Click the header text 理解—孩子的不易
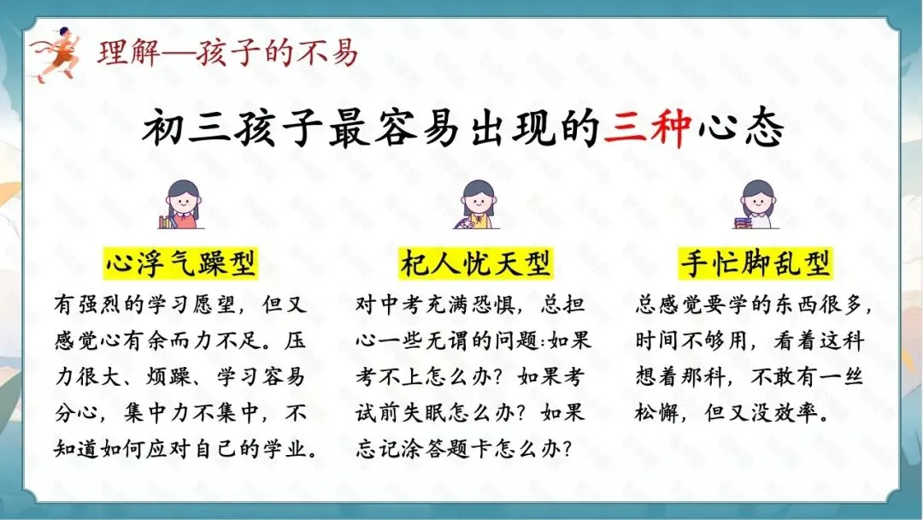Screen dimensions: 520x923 click(226, 53)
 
